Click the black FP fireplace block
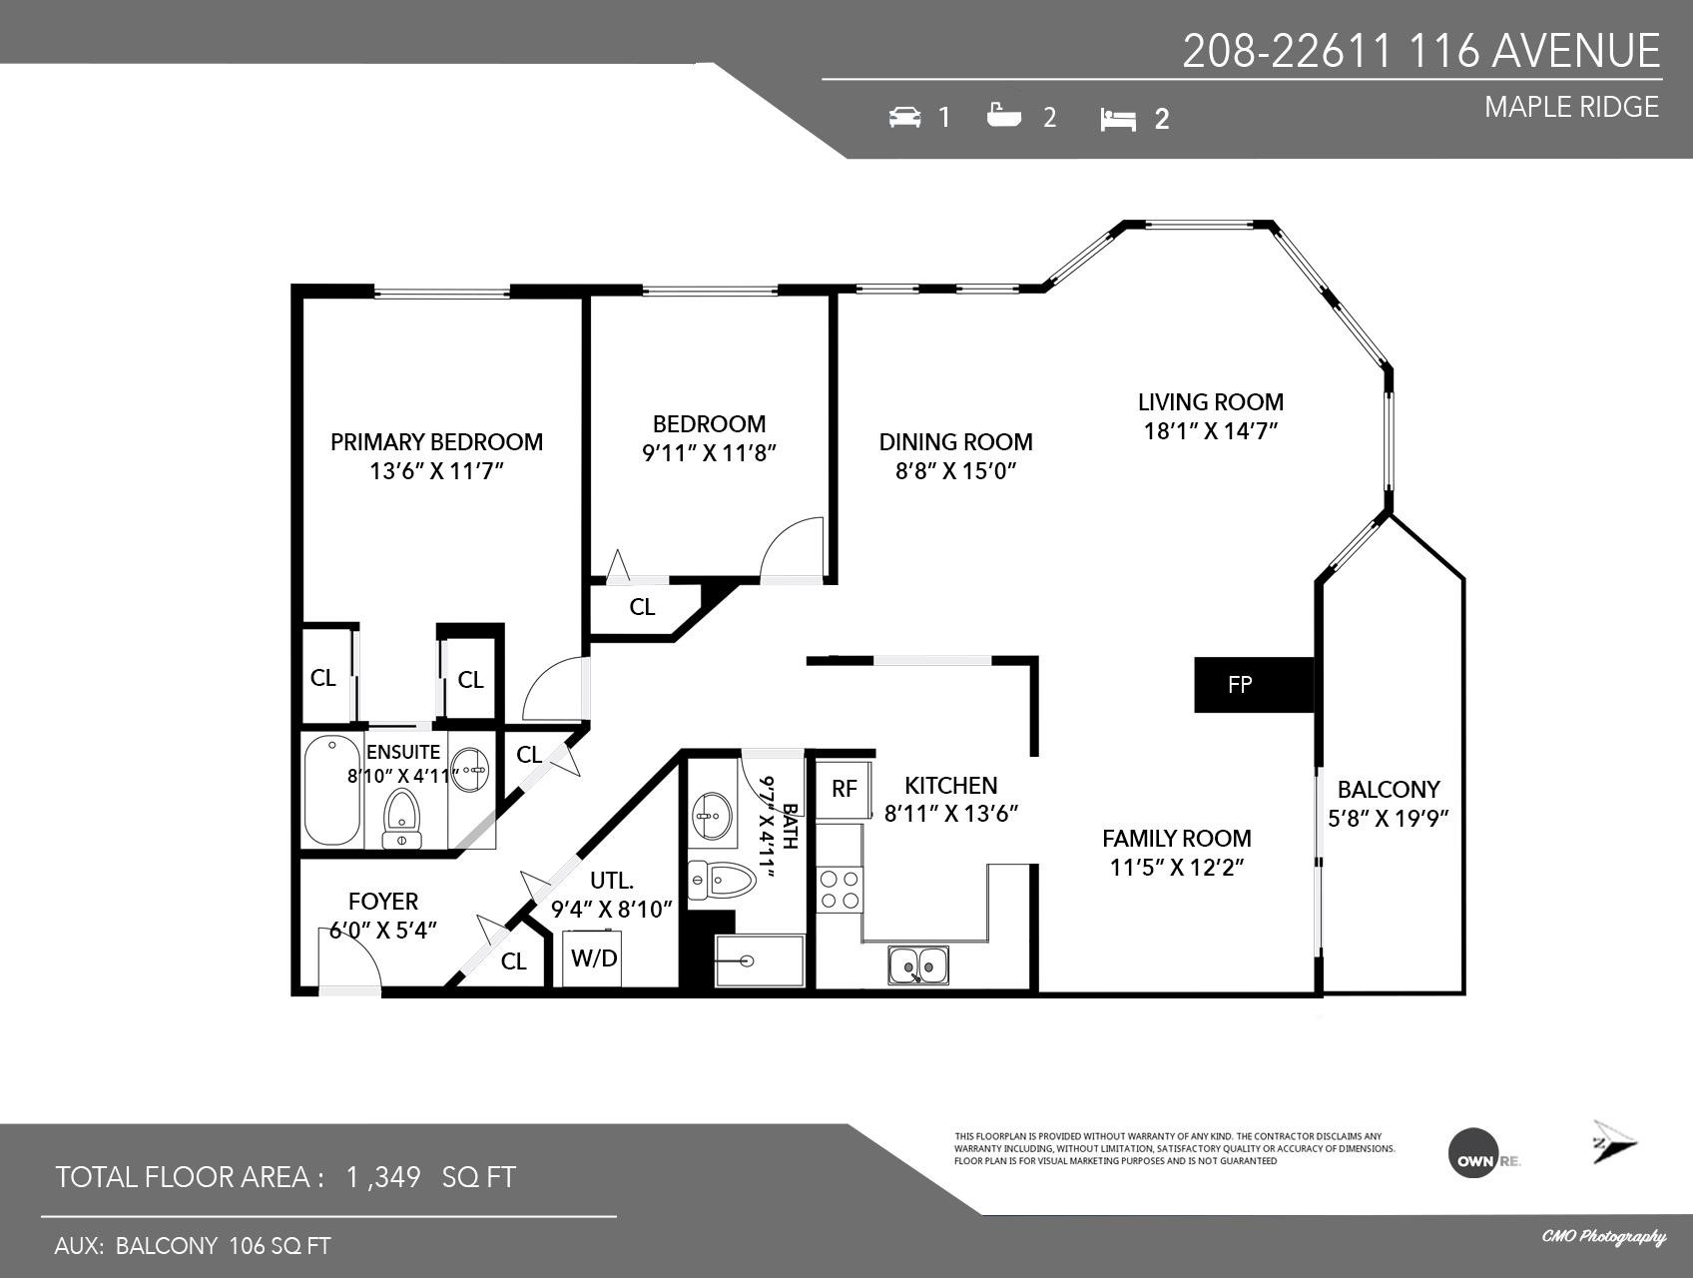pos(1254,685)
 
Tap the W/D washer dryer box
pos(594,958)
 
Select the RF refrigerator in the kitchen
pos(845,789)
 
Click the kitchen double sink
pos(919,965)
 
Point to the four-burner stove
pos(840,890)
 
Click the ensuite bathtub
pos(332,791)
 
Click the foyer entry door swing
pos(349,962)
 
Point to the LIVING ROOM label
pos(1211,402)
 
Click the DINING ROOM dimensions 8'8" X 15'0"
pos(955,471)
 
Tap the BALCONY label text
pos(1389,790)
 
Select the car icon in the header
pos(905,117)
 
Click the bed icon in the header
pos(1118,120)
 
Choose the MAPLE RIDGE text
pos(1571,107)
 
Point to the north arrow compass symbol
pos(1614,1142)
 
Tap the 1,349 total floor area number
pos(383,1177)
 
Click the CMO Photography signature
pos(1603,1237)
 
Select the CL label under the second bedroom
pos(642,607)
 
